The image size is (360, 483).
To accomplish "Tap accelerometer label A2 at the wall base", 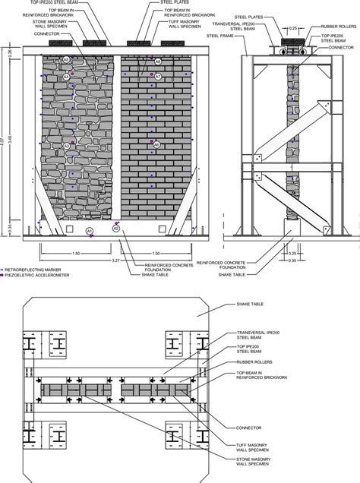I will (x=116, y=227).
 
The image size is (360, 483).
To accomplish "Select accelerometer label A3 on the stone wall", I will (x=67, y=146).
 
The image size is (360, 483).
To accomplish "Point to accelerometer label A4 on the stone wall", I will (x=67, y=77).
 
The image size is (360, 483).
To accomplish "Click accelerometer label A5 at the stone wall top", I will (x=66, y=58).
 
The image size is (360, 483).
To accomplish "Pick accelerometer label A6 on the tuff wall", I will (x=156, y=144).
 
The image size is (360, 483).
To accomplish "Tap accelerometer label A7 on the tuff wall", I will (x=157, y=77).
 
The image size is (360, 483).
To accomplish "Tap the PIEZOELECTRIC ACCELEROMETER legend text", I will (x=36, y=276).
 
